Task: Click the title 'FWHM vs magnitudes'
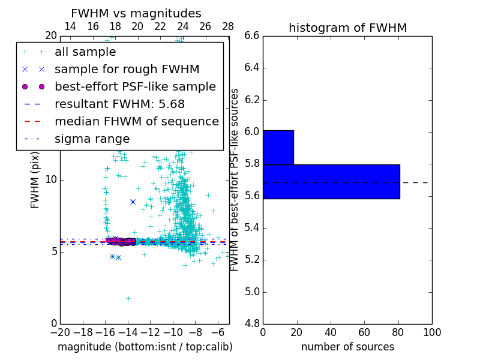point(136,13)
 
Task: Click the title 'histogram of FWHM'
point(347,28)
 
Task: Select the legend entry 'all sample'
point(85,52)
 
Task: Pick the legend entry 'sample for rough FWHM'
point(127,69)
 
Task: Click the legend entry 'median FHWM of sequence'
point(136,121)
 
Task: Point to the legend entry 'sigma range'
point(92,139)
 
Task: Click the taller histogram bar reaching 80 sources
point(331,181)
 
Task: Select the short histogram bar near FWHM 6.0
point(278,147)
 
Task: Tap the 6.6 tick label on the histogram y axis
point(251,36)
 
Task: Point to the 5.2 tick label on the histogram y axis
point(251,260)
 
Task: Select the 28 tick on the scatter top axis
point(228,26)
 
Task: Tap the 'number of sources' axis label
point(347,347)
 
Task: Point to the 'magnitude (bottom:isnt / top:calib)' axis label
point(145,347)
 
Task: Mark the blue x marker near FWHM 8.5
point(133,202)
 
